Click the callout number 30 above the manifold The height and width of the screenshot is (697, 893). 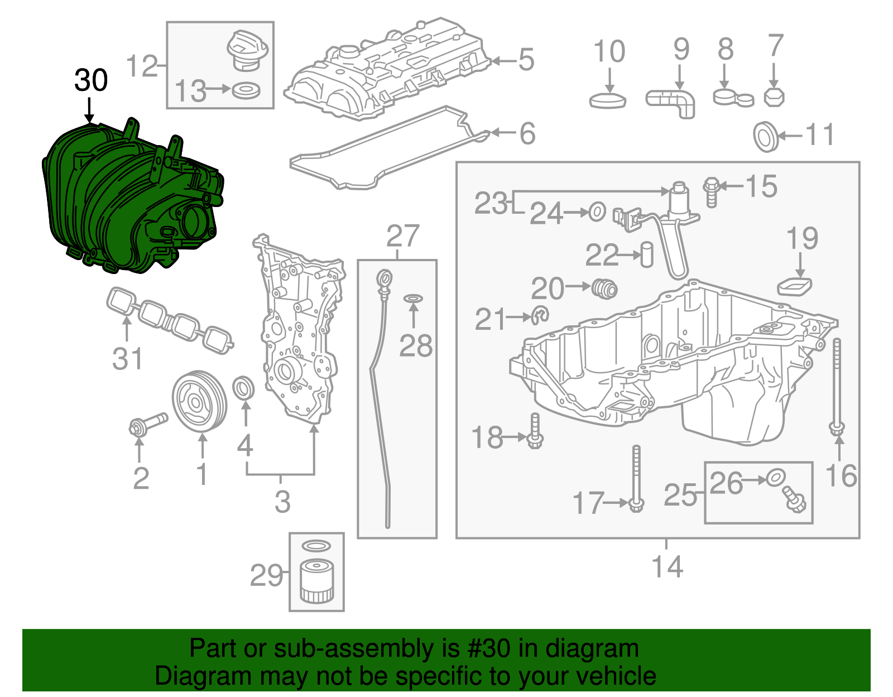(x=91, y=80)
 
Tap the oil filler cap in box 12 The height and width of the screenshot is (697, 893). (x=245, y=50)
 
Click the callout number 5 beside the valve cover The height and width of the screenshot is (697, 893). (x=526, y=60)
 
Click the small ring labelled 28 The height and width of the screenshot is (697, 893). (x=413, y=299)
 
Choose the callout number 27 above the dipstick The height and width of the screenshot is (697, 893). (x=402, y=236)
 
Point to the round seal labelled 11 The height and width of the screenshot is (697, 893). (x=765, y=136)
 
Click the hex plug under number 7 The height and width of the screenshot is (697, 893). (x=774, y=98)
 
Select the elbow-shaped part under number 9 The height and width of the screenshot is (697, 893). (x=673, y=102)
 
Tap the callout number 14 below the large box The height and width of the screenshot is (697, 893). (x=668, y=566)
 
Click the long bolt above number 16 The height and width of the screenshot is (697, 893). (x=837, y=385)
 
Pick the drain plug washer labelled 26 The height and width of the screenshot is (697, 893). (x=775, y=478)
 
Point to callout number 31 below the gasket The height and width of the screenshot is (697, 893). (x=128, y=358)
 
